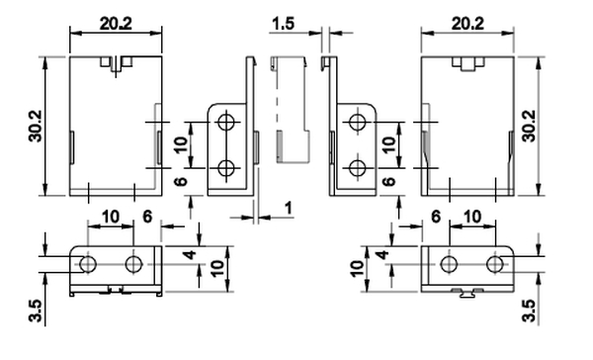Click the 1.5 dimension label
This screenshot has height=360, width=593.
click(283, 24)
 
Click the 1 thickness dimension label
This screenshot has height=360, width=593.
click(289, 209)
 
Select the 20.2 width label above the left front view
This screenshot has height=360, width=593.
click(116, 24)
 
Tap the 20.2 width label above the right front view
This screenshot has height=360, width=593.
click(467, 24)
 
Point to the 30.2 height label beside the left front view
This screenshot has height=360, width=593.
click(36, 126)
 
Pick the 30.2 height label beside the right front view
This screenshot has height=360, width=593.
click(529, 126)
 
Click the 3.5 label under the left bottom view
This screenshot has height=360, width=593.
click(36, 311)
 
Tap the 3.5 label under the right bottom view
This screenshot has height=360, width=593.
click(529, 311)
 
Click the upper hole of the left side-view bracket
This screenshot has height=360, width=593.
click(226, 122)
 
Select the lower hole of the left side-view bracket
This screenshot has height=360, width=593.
click(226, 168)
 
